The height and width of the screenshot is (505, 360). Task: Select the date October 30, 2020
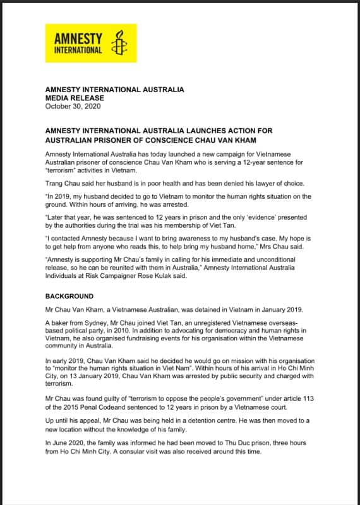coord(73,107)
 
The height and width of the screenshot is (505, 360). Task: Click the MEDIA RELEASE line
coord(75,98)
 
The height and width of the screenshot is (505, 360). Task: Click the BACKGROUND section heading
coord(69,296)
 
